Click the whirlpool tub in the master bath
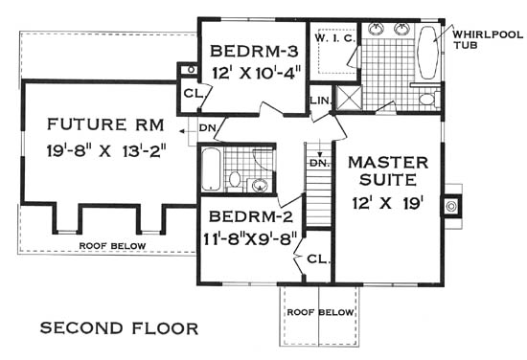tap(427, 52)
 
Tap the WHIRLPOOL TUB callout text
tap(488, 39)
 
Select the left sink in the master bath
tap(375, 29)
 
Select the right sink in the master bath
tap(401, 29)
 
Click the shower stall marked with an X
tap(349, 98)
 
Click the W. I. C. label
tap(334, 38)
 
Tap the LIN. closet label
tap(321, 101)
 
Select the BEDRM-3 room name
tap(254, 52)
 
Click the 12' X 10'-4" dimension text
tap(256, 73)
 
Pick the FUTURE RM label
tap(105, 124)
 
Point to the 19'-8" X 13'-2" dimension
tap(107, 150)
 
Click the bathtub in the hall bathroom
tap(211, 169)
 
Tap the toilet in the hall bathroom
tap(234, 180)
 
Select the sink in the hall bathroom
tap(260, 185)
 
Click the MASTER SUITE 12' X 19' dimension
tap(387, 203)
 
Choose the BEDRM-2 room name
tap(251, 216)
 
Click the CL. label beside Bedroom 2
tap(318, 259)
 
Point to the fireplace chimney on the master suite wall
tap(451, 206)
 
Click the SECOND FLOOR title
tap(120, 328)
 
